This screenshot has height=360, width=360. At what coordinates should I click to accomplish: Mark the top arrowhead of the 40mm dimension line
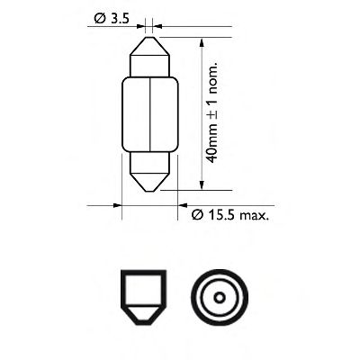click(x=202, y=41)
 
